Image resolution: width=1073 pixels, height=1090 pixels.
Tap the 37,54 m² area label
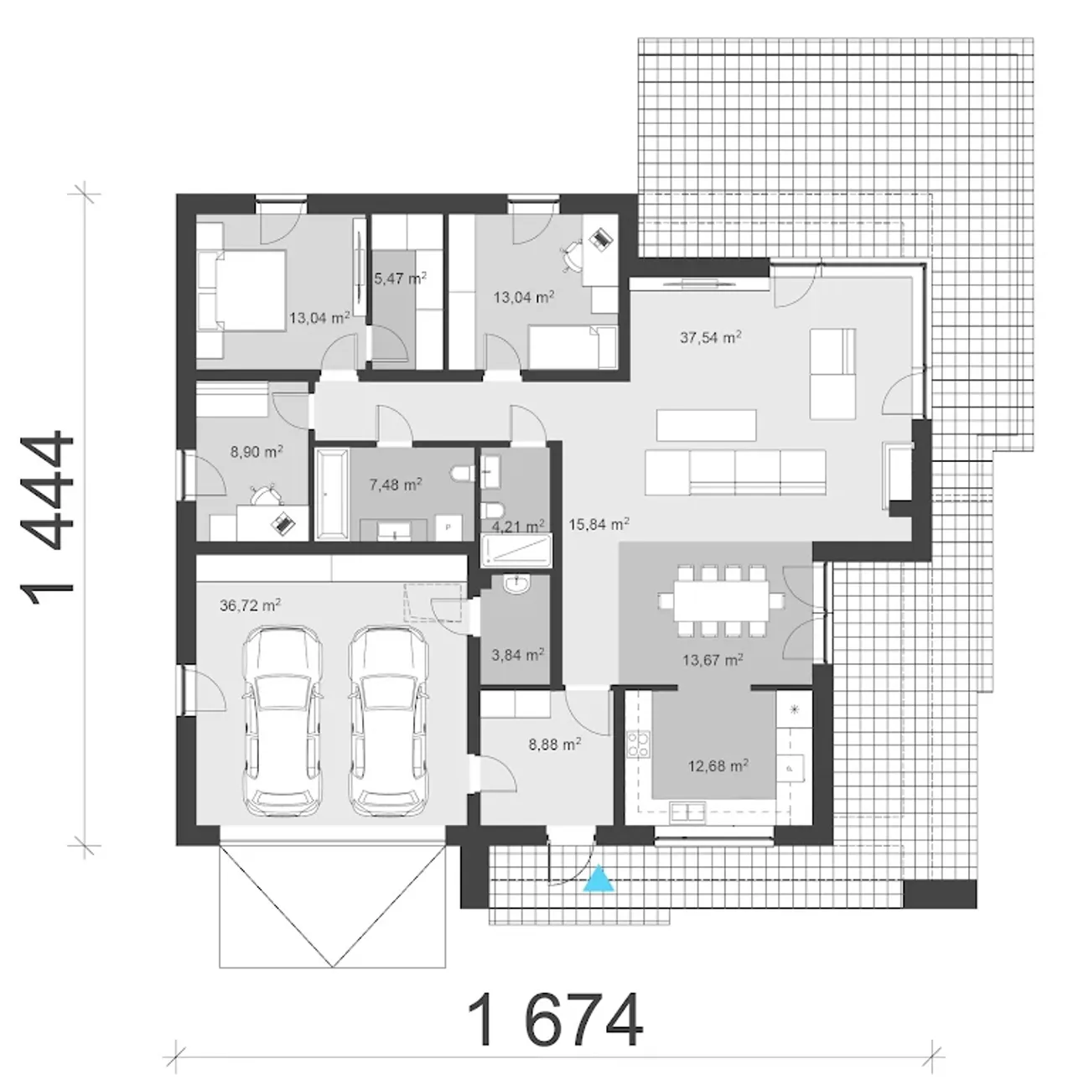(710, 338)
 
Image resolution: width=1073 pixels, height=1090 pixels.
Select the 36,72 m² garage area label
(250, 606)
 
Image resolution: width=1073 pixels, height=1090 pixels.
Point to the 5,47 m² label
(400, 278)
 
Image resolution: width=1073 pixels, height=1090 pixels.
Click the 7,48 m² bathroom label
(396, 485)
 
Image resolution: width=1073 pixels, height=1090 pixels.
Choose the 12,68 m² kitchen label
(718, 766)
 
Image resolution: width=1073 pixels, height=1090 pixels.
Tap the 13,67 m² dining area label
(713, 660)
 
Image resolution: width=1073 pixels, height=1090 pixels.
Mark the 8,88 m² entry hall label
(555, 745)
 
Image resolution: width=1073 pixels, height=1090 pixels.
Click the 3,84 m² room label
(517, 655)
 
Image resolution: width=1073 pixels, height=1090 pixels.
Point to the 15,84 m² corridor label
(599, 524)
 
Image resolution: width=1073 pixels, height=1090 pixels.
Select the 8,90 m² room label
(257, 452)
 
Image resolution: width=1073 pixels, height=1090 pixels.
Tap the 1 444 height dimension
(47, 519)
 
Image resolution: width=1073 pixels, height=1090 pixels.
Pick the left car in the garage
(283, 720)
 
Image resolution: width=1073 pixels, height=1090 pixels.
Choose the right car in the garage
(389, 720)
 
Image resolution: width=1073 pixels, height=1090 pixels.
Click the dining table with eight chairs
(721, 601)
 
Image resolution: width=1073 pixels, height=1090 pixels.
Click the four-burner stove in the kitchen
(638, 745)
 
